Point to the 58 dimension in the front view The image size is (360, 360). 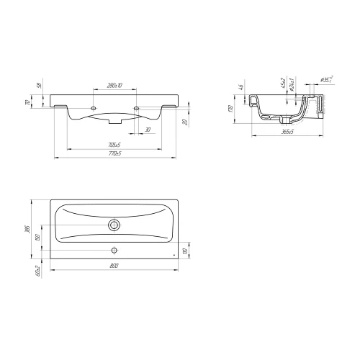[x=40, y=86]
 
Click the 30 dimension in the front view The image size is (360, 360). [x=147, y=130]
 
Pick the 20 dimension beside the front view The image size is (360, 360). [x=185, y=122]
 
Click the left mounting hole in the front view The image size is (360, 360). [x=93, y=105]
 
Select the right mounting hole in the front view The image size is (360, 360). [x=138, y=105]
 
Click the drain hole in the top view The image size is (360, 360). [x=114, y=225]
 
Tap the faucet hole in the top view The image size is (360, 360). [x=114, y=251]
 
